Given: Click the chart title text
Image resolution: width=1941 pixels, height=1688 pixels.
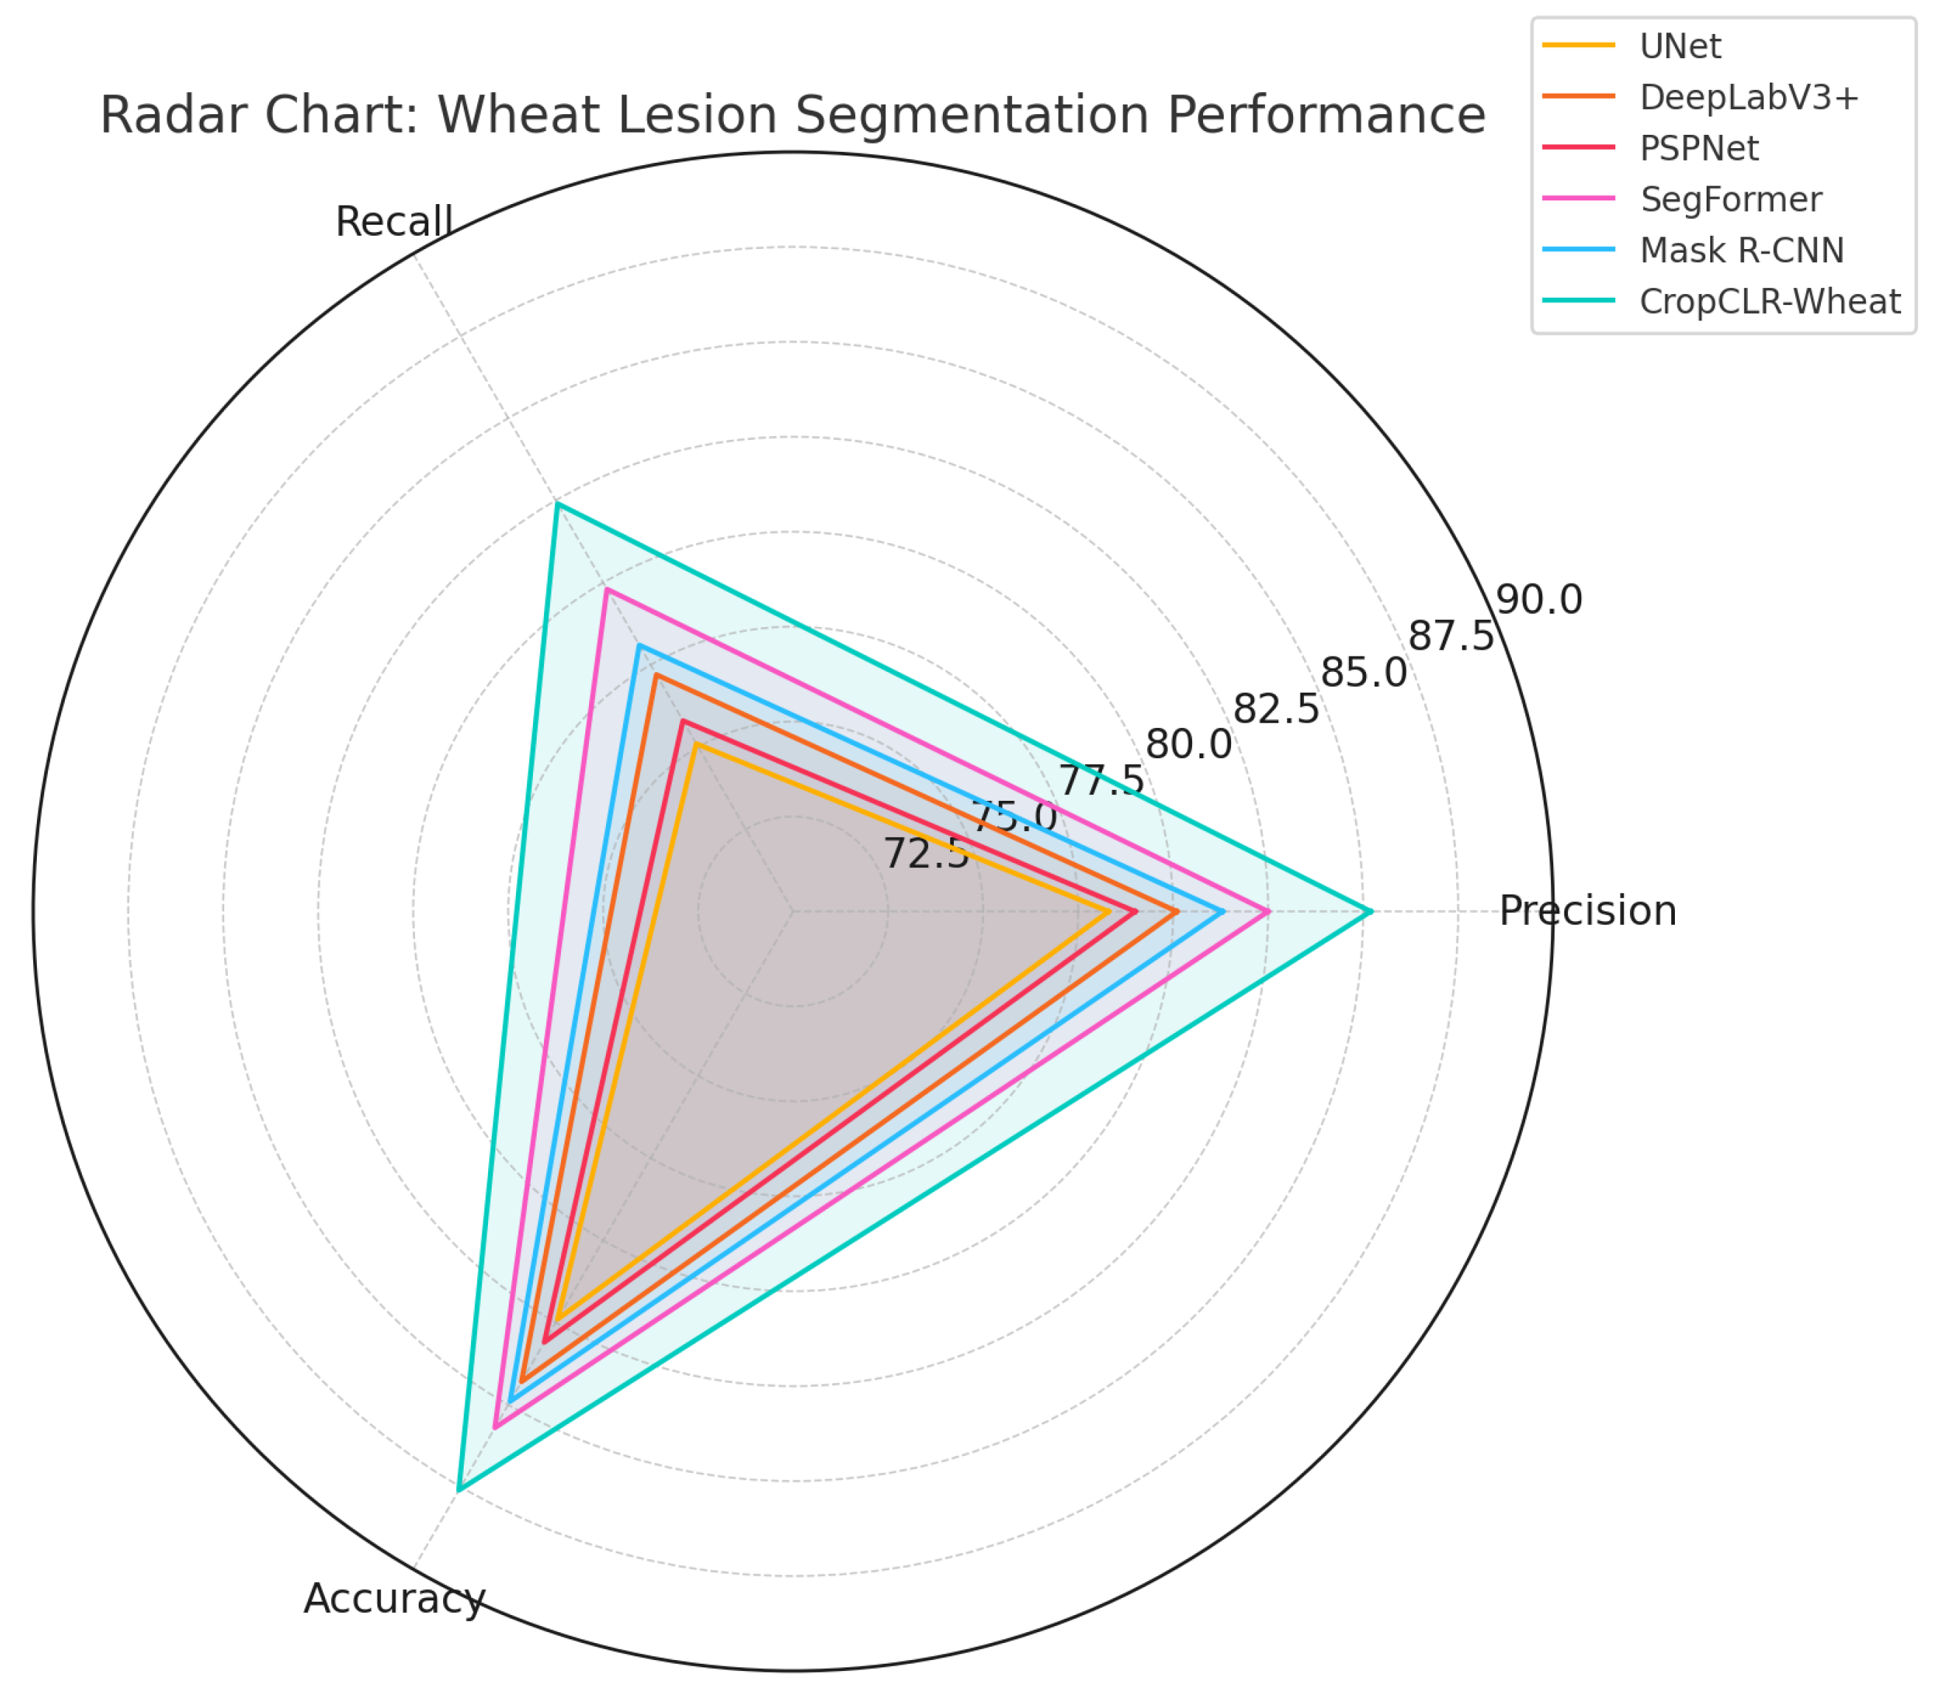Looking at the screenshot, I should [792, 115].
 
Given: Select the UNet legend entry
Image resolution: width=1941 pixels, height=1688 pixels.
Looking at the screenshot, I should [1680, 46].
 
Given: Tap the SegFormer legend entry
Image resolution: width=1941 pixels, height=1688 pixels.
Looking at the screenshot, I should [1731, 199].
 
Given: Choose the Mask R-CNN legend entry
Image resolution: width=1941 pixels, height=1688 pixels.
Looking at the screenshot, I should [1741, 250].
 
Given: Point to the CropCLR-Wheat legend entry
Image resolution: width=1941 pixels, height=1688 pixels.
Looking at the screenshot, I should [1769, 301].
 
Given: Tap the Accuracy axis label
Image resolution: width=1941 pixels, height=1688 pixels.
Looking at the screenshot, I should [394, 1599].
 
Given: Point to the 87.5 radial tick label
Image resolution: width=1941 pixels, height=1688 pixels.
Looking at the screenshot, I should [1451, 637].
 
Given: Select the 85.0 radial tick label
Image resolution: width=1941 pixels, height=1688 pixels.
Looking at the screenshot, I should [1363, 673].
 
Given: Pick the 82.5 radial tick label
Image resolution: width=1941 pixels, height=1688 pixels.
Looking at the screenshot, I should [1276, 710].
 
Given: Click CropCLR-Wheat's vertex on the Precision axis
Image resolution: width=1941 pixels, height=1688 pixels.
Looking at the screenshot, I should [1372, 911].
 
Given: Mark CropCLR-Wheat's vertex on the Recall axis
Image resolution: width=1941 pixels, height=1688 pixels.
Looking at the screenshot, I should [558, 504].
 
